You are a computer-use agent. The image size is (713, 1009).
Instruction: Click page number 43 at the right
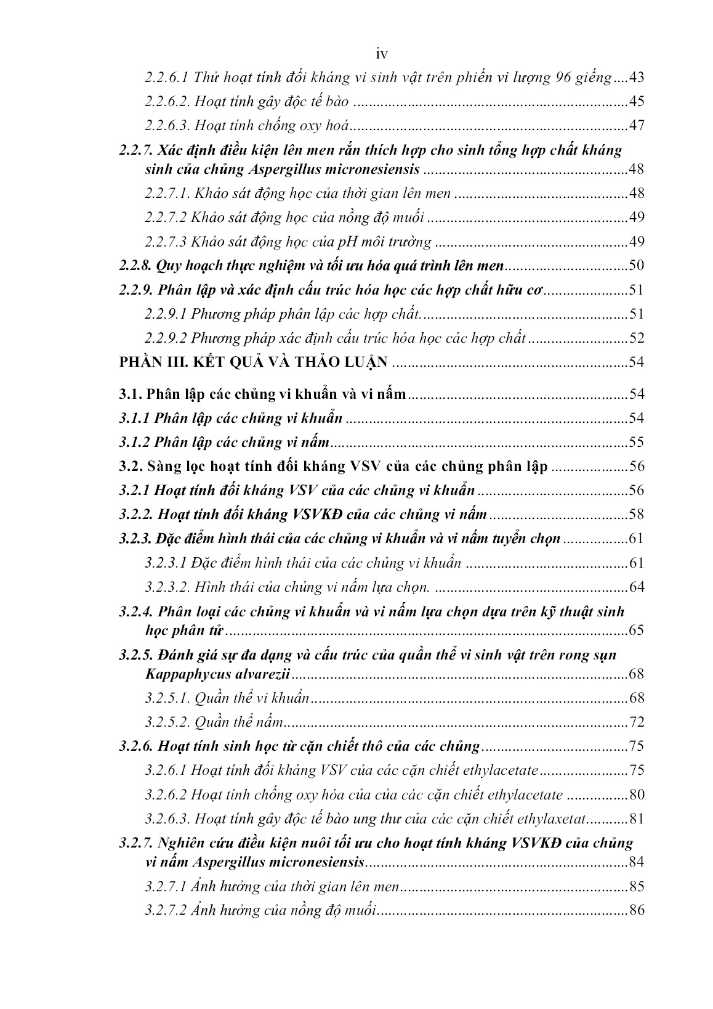coord(635,78)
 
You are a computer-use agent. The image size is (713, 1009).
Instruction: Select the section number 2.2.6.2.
coord(167,102)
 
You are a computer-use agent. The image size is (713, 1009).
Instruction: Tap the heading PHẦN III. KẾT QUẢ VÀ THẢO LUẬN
coord(253,362)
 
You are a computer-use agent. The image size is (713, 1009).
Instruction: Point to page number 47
coord(636,126)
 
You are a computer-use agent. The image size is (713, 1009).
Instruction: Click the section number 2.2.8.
coord(135,266)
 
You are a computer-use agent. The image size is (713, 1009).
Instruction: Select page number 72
coord(636,722)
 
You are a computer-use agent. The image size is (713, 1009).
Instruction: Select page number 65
coord(636,631)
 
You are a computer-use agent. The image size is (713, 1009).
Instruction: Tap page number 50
coord(636,266)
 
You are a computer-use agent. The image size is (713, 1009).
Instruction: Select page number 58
coord(636,515)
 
